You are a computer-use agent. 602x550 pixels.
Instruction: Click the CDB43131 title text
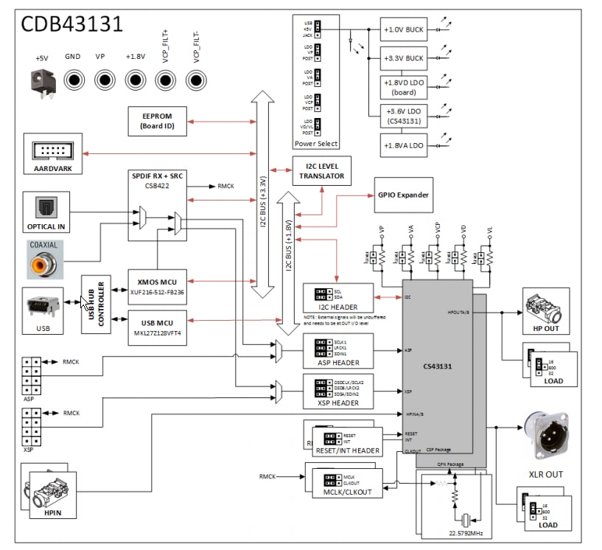[x=71, y=25]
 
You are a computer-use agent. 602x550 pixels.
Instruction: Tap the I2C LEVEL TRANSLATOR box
[x=322, y=171]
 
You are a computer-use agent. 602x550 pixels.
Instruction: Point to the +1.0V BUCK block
[x=403, y=29]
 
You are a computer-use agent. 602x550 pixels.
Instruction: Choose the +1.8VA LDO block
[x=403, y=145]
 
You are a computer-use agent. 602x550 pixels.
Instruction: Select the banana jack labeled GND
[x=74, y=80]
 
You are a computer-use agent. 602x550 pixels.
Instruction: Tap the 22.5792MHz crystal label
[x=465, y=532]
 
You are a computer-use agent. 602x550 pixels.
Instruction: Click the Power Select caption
[x=316, y=143]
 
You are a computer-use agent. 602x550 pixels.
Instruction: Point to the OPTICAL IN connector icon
[x=46, y=208]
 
